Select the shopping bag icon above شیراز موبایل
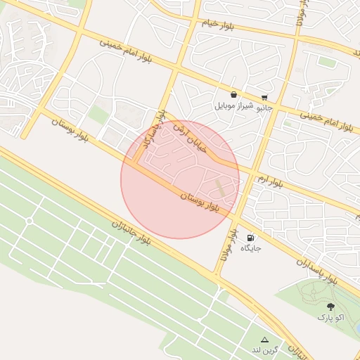233,95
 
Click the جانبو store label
263,108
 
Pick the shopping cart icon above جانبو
264,97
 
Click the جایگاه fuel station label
251,248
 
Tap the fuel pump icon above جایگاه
251,237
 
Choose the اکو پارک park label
330,318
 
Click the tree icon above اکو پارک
330,307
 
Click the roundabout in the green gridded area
30,221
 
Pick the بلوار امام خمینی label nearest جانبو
326,120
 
